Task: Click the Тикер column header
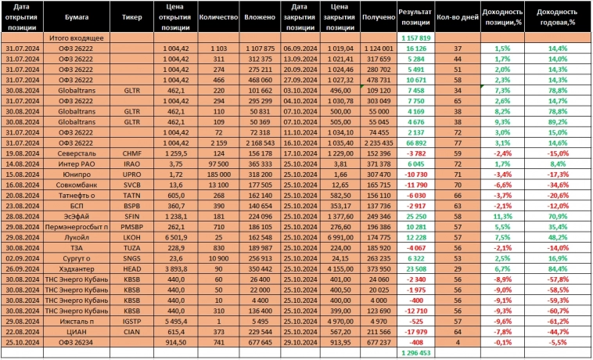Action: [132, 16]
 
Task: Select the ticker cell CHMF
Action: [132, 153]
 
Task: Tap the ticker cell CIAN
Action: [132, 331]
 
